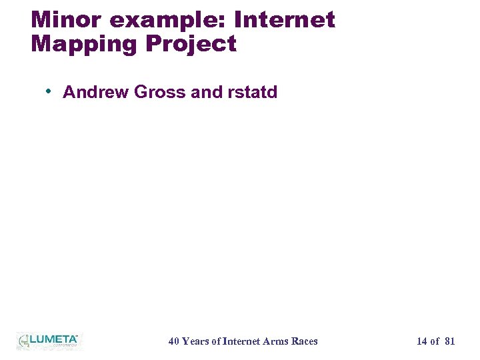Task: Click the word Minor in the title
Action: (67, 20)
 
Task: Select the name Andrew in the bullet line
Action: (96, 92)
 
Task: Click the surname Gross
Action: (160, 92)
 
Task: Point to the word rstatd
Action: (252, 92)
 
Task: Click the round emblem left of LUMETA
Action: (23, 340)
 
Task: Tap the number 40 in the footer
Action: (173, 341)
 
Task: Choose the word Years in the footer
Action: (195, 341)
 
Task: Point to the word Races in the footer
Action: (305, 341)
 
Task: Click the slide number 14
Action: (422, 341)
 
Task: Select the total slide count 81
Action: (449, 341)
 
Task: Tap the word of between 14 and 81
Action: (435, 341)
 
